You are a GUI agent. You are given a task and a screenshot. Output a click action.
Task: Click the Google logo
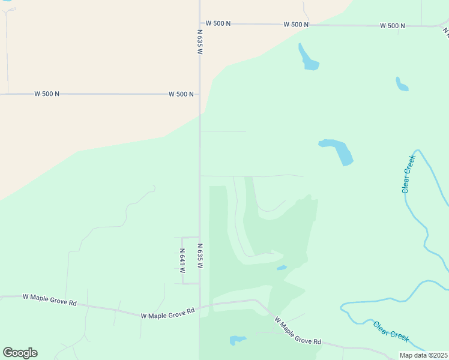[x=20, y=353]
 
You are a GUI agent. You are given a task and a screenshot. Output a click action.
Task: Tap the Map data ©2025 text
[x=423, y=355]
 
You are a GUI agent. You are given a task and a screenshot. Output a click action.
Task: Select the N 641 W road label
[x=182, y=260]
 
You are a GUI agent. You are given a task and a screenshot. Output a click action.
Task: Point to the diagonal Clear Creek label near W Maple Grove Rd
[x=391, y=332]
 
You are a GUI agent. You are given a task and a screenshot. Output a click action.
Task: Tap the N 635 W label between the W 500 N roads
[x=200, y=42]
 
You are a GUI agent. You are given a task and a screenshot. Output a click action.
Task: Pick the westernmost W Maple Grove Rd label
[x=49, y=300]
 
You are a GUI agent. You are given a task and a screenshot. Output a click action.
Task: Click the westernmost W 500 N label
[x=46, y=94]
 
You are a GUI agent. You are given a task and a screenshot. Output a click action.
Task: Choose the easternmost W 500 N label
[x=392, y=26]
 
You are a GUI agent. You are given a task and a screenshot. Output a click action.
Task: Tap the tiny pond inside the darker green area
[x=281, y=268]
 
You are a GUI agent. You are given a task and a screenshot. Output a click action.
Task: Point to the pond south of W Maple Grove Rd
[x=237, y=340]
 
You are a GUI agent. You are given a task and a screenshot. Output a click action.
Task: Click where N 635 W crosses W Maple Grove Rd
[x=200, y=307]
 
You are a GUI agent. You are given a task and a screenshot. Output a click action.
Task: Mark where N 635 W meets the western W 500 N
[x=200, y=94]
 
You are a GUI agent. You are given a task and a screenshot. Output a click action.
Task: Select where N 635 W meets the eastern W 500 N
[x=200, y=23]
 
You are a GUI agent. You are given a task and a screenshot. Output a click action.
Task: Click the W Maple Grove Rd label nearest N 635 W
[x=168, y=313]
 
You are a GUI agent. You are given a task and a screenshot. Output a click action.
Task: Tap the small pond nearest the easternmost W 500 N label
[x=401, y=85]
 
